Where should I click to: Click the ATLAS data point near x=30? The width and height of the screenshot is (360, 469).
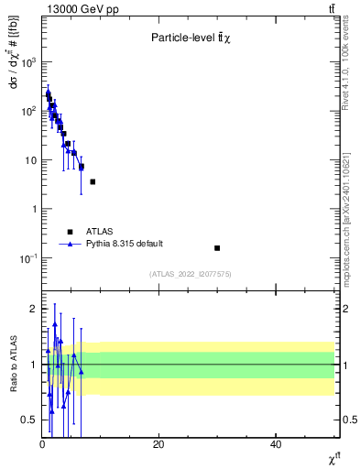pos(217,247)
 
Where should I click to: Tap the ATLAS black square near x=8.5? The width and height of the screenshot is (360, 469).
pos(93,181)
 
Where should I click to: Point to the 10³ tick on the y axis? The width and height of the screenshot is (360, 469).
pos(29,61)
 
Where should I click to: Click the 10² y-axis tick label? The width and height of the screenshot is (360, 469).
pos(29,111)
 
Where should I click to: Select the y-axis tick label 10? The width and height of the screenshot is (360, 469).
pos(31,160)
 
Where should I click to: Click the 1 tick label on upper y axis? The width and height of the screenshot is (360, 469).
pos(34,209)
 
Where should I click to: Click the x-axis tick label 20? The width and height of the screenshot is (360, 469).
pos(158,444)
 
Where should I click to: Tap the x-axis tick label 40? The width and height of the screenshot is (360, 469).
pos(276,444)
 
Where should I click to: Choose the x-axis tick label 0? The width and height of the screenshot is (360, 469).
pos(42,444)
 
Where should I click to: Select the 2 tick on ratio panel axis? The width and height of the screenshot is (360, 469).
pos(34,309)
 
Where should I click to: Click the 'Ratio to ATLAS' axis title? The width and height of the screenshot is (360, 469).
pos(12,365)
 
